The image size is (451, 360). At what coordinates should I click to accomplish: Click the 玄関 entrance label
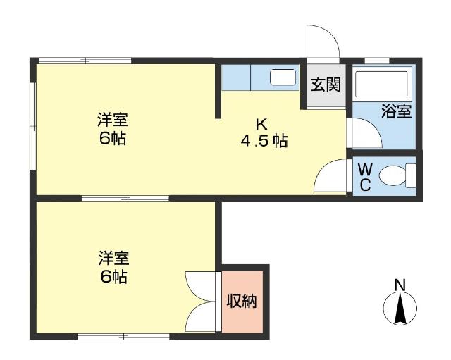coord(326,85)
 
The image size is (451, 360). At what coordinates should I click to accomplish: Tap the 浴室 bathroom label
coord(396,111)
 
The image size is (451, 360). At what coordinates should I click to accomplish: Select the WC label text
coord(364,176)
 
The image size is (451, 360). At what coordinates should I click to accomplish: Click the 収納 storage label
coord(241,301)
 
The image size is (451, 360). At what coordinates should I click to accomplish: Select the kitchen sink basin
coord(283,77)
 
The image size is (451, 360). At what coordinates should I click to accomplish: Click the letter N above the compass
coord(400,285)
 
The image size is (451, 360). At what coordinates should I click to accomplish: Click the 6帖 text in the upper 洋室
coord(113,138)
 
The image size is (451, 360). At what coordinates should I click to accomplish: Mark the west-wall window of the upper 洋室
coord(32,127)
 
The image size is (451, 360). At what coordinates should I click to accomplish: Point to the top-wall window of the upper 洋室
coord(85,61)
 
